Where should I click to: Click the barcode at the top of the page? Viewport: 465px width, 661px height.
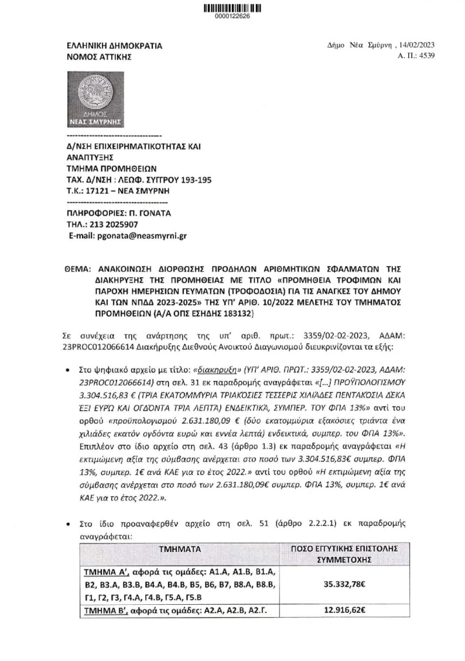click(232, 8)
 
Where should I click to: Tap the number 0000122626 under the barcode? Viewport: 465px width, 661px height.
click(232, 17)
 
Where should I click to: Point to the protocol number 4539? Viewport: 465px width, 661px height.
click(427, 57)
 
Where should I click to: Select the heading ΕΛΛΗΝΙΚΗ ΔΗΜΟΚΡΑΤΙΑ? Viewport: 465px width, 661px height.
click(114, 46)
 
